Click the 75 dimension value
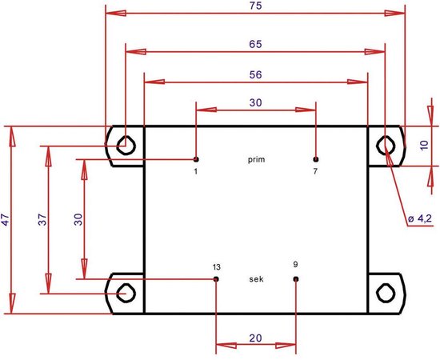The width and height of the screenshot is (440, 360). [256, 6]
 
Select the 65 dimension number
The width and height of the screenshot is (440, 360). [256, 44]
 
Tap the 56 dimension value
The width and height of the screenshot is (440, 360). [256, 74]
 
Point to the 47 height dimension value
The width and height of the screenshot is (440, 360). [6, 219]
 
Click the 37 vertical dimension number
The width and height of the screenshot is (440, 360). [42, 219]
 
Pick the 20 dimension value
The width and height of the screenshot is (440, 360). [256, 338]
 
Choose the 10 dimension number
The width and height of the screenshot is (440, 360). [424, 145]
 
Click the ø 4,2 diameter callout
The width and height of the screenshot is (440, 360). [420, 218]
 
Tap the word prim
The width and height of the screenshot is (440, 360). [256, 160]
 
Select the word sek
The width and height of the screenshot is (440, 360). [256, 279]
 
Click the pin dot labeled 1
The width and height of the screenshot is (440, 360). [196, 159]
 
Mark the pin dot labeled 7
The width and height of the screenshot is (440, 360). [316, 159]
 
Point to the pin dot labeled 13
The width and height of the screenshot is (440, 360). [216, 279]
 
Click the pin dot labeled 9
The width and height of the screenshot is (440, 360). [296, 279]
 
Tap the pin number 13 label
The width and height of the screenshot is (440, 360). [217, 267]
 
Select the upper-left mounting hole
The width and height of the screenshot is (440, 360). [126, 146]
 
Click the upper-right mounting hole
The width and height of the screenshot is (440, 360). [386, 146]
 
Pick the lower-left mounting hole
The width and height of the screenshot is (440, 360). [126, 293]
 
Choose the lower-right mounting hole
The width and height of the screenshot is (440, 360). [386, 293]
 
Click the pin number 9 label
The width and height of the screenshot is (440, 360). [295, 264]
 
